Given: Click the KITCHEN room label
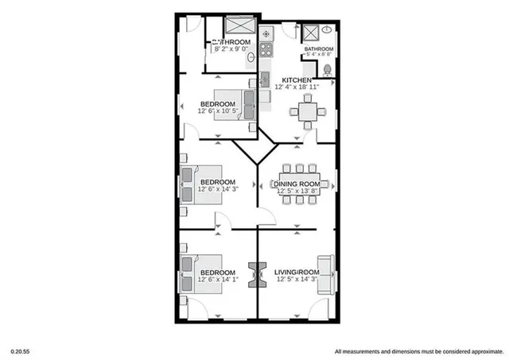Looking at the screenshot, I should [291, 79].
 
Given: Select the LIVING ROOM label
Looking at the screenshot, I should [296, 272].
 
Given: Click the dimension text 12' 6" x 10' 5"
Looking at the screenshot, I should [217, 112].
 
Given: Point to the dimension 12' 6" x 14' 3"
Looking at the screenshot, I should [217, 190].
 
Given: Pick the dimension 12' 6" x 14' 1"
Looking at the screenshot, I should [217, 279].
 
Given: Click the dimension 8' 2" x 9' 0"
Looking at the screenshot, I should [232, 49].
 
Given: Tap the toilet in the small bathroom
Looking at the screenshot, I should [326, 68].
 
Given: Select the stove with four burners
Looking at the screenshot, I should [267, 36].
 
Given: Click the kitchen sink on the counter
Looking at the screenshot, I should [266, 79].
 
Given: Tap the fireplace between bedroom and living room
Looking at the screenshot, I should [256, 273].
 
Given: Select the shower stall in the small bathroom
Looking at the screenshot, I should [310, 33].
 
